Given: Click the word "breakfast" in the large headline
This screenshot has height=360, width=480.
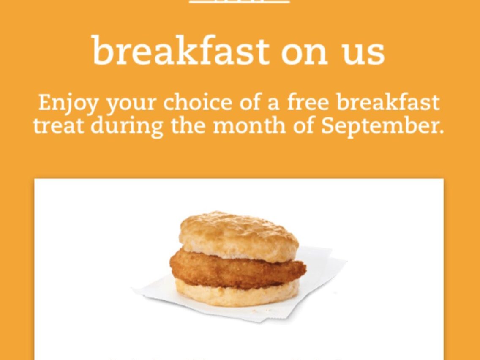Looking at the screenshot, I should tap(180, 51).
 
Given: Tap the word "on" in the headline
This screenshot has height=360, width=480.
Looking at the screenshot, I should tap(304, 52).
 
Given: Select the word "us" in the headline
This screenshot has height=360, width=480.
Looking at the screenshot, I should tap(364, 52).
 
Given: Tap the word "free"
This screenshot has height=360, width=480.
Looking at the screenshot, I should tap(307, 102).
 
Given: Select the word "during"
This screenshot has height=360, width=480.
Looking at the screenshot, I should tap(127, 126).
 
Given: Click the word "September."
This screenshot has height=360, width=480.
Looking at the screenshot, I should tap(382, 126).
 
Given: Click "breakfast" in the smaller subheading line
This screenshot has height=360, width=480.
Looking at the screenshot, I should tap(388, 102).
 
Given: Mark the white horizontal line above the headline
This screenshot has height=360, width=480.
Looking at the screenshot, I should tap(239, 2).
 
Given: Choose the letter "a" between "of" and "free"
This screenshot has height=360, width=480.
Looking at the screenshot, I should tap(273, 103).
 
